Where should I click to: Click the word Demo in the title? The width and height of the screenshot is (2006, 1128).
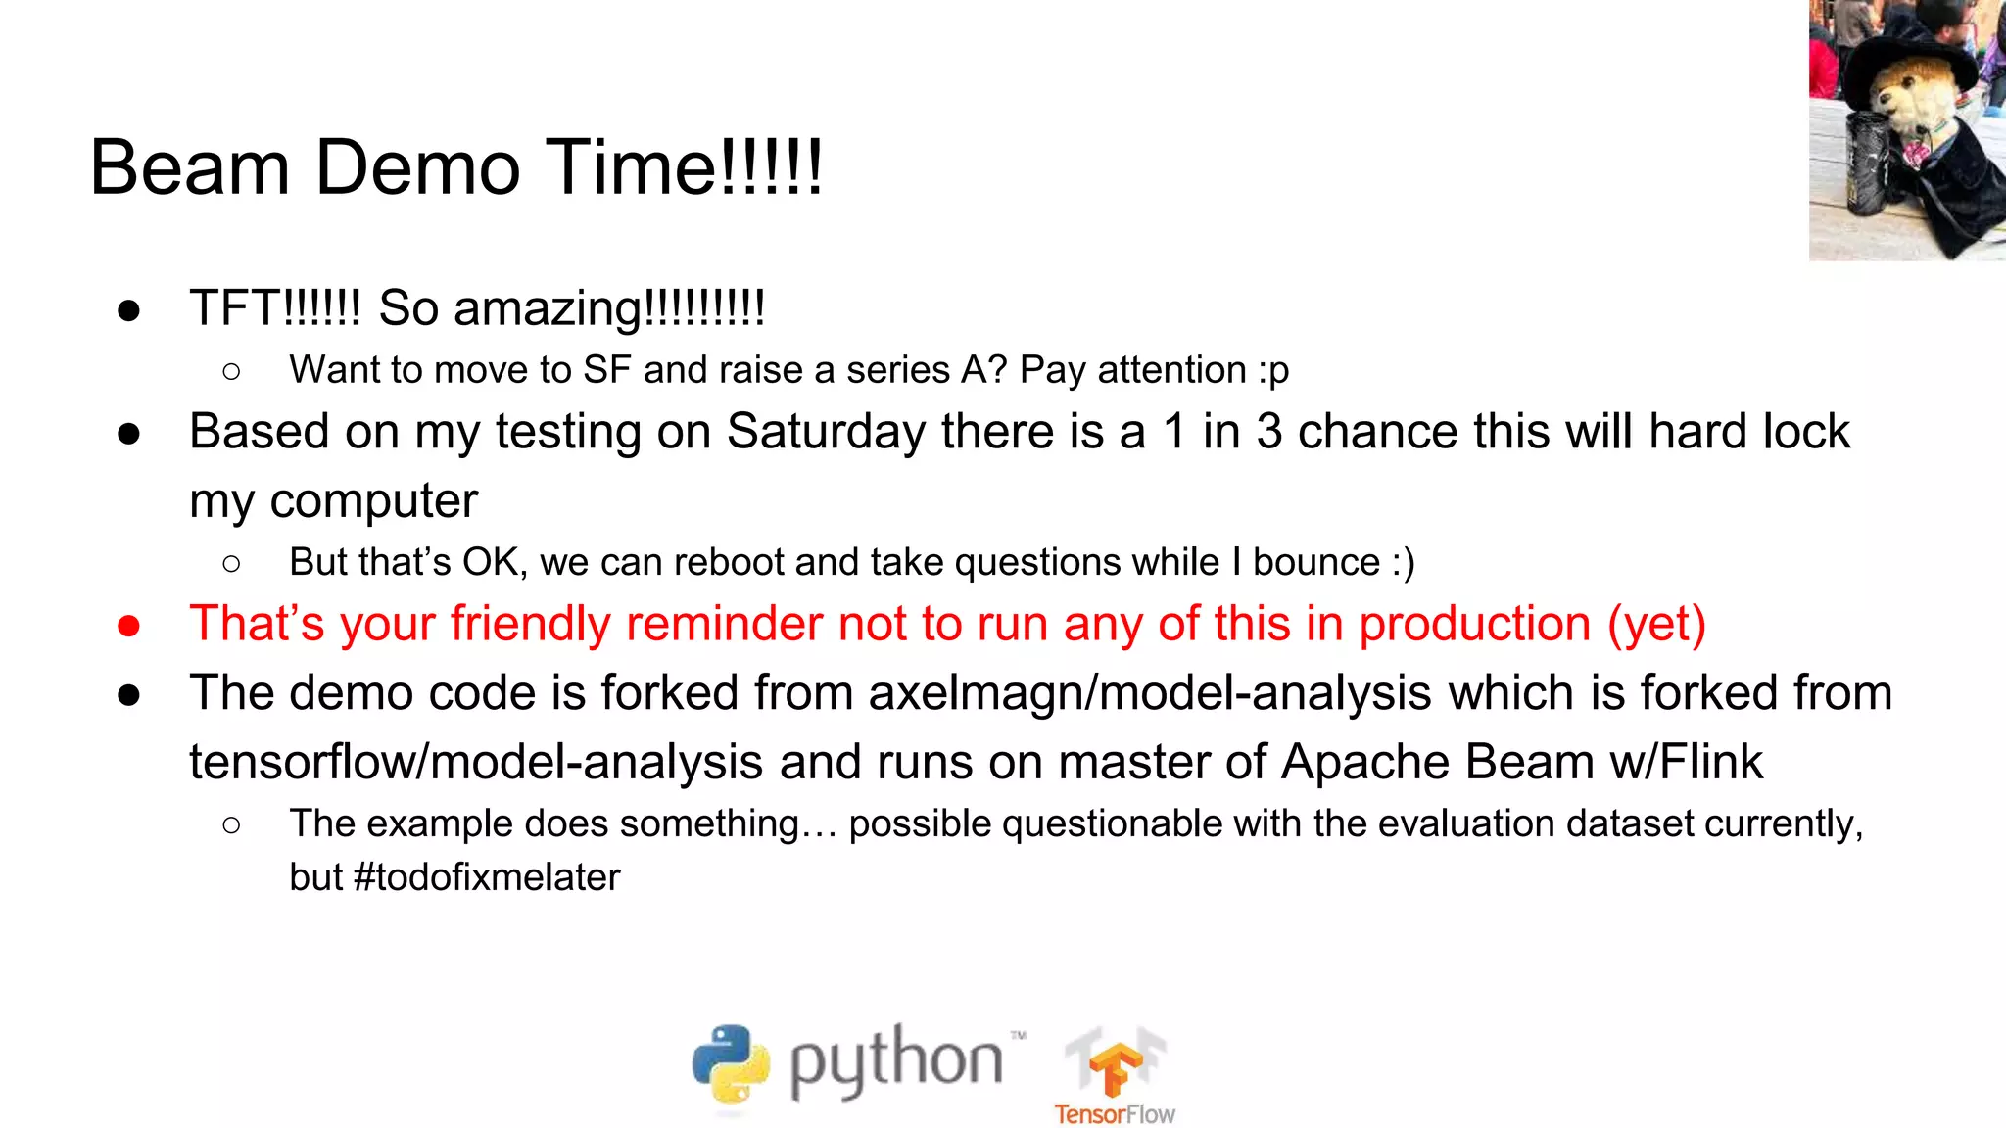click(417, 167)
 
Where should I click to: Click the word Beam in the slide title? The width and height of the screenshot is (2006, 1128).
click(190, 167)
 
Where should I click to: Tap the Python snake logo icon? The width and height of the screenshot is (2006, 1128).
click(731, 1064)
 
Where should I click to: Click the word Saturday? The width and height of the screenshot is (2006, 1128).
click(826, 432)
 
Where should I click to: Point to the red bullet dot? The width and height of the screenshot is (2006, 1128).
click(128, 626)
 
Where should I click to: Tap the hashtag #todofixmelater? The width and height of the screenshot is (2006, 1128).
click(486, 877)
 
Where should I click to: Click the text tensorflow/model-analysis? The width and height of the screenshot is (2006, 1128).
click(475, 763)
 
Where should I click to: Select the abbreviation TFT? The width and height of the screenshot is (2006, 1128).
click(235, 308)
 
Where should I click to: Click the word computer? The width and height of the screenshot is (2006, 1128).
click(373, 502)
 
